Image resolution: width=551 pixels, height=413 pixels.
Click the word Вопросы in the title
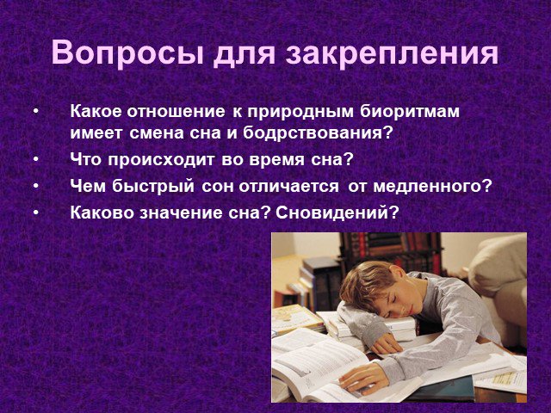(x=127, y=53)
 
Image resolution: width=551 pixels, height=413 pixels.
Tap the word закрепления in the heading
(x=392, y=53)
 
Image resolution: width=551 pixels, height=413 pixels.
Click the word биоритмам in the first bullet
(x=410, y=112)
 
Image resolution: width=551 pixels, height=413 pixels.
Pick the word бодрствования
(x=317, y=133)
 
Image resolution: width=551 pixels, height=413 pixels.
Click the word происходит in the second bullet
(x=161, y=160)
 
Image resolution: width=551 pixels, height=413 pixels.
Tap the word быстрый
(x=153, y=187)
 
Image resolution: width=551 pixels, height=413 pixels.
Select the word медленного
(x=431, y=186)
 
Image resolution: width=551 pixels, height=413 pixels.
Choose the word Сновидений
(x=337, y=213)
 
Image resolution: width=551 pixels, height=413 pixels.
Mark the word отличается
(x=289, y=187)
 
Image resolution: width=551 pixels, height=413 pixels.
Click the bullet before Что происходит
(x=36, y=160)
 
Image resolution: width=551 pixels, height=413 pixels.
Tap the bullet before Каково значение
(x=36, y=213)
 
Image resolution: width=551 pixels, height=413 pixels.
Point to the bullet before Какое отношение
(x=36, y=112)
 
